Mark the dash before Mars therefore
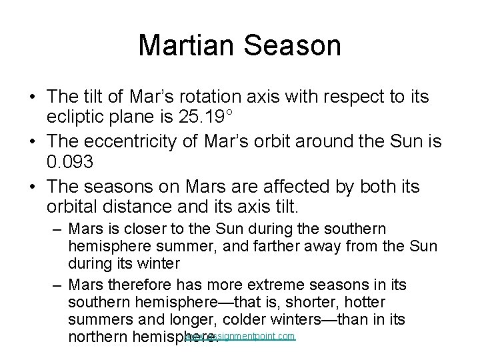point(58,285)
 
